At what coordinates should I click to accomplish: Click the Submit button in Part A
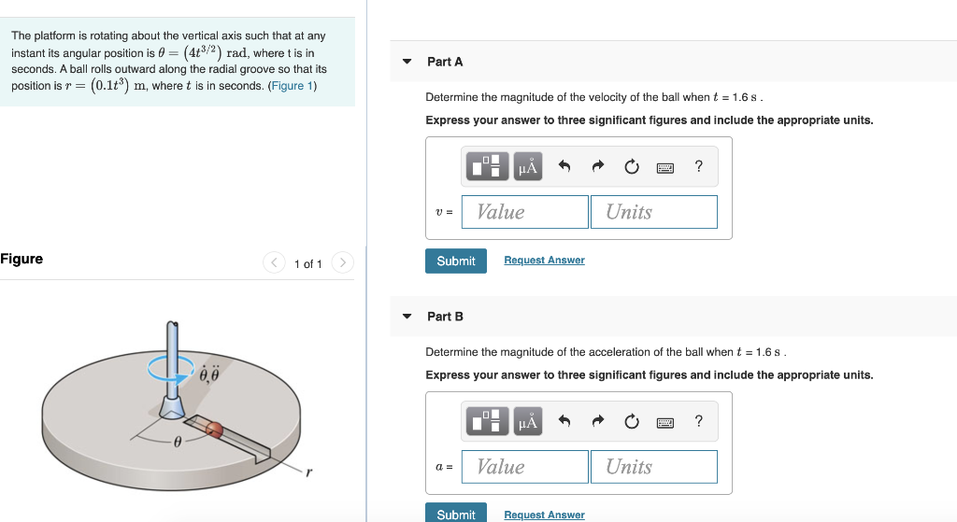coord(456,261)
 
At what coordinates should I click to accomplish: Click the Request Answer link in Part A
coord(544,261)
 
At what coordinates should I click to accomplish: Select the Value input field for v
coord(525,212)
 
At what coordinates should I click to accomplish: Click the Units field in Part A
coord(653,212)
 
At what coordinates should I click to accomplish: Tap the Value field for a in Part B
coord(525,467)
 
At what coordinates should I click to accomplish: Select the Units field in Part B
coord(653,467)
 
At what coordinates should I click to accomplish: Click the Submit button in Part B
coord(456,514)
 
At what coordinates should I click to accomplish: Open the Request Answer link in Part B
coord(544,515)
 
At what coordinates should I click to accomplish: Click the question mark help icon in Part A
coord(698,167)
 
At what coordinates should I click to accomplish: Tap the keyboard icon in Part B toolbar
coord(665,422)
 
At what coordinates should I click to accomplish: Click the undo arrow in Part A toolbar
coord(564,167)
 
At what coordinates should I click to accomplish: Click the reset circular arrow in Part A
coord(632,167)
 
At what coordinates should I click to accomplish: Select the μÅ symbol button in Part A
coord(528,167)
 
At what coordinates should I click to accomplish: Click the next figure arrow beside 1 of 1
coord(343,263)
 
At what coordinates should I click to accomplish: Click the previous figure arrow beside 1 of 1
coord(274,263)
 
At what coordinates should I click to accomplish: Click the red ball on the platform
coord(214,430)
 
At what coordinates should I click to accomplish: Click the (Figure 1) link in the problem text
coord(293,86)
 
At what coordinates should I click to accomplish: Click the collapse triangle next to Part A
coord(407,62)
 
